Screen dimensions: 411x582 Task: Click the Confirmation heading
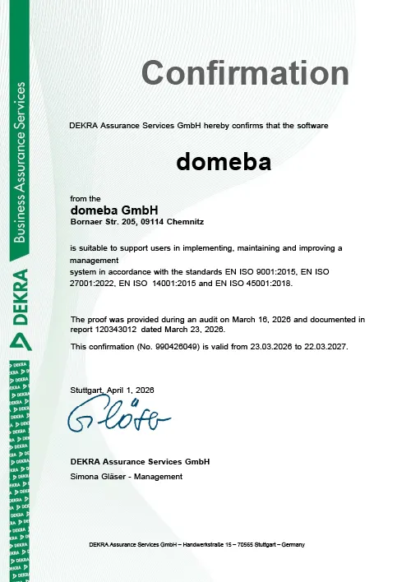[x=246, y=73]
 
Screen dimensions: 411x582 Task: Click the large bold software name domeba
[x=224, y=162]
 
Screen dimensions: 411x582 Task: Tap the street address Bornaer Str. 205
[x=105, y=222]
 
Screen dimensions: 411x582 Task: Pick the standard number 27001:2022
[x=93, y=283]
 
